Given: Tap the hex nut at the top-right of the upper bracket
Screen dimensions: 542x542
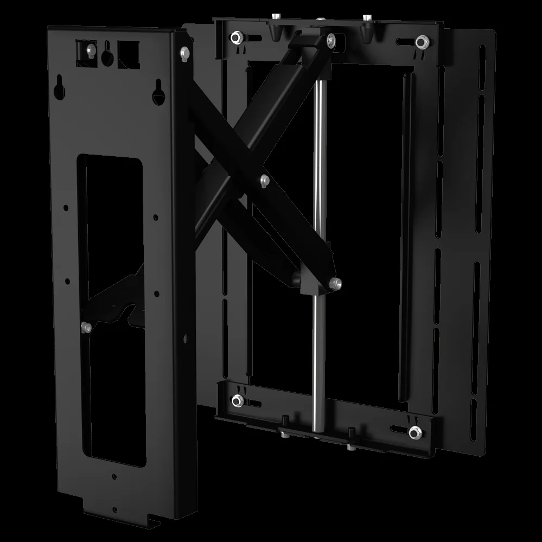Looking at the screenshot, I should [x=420, y=41].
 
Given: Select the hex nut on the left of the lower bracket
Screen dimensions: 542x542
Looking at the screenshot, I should [x=237, y=401].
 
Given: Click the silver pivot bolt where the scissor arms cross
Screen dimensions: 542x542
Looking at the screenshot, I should [x=265, y=180].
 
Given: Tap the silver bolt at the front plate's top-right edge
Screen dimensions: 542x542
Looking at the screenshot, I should [x=185, y=52].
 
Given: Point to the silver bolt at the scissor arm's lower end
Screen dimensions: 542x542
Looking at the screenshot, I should [x=336, y=283].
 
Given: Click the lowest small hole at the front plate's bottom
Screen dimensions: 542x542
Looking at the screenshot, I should [x=114, y=509].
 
